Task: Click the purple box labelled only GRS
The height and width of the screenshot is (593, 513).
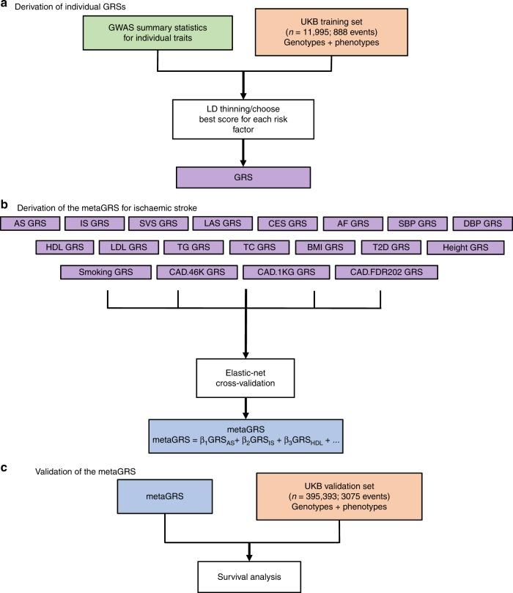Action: coord(246,176)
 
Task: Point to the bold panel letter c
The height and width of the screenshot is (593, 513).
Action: coord(5,465)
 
